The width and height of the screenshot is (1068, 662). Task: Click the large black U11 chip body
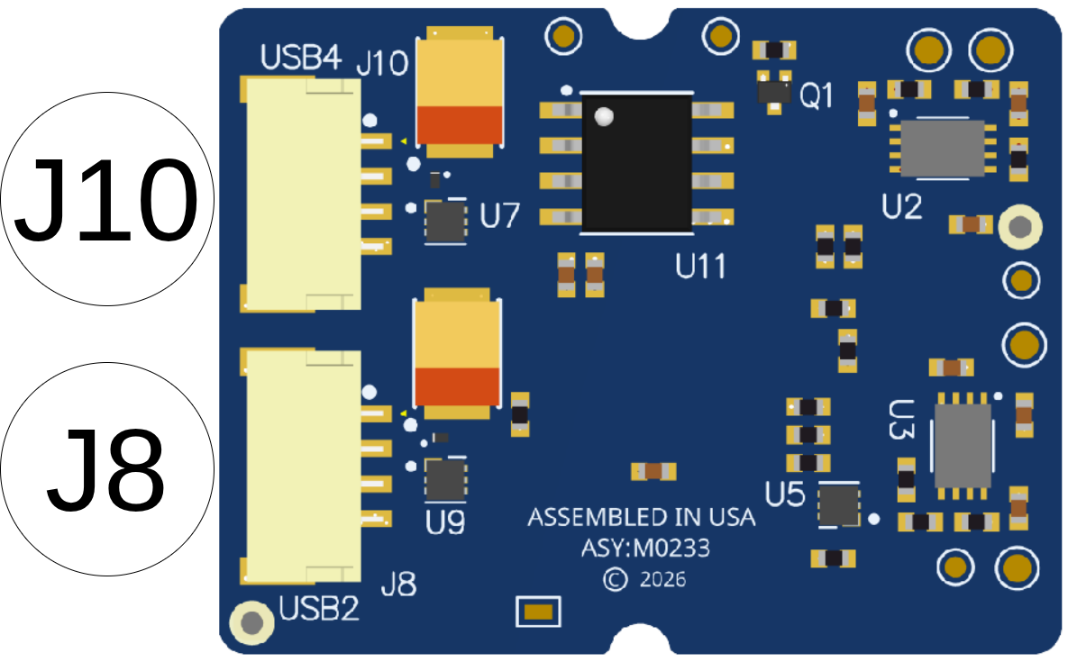tap(637, 163)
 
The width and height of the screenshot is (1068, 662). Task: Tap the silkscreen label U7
tap(500, 215)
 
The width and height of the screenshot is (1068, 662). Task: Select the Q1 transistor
tap(774, 92)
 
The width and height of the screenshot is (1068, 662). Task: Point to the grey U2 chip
tap(942, 149)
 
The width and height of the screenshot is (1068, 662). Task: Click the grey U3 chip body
tap(963, 446)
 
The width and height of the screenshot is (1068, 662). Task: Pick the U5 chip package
tap(838, 505)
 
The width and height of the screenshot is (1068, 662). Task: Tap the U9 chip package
tap(445, 480)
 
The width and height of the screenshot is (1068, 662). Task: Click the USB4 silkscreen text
tap(300, 58)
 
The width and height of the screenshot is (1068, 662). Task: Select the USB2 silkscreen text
tap(319, 608)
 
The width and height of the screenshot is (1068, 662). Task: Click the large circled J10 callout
tap(107, 199)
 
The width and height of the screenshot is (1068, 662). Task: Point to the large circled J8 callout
tap(107, 469)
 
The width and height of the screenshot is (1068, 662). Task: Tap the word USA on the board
tap(732, 518)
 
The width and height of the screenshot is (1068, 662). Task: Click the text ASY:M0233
tap(645, 548)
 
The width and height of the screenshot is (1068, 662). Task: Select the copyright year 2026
tap(662, 580)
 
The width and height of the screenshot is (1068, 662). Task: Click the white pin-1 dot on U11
tap(604, 116)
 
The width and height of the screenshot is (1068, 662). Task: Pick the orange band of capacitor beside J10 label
tap(460, 124)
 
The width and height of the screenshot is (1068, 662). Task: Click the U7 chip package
tap(445, 222)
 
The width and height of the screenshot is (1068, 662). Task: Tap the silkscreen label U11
tap(700, 266)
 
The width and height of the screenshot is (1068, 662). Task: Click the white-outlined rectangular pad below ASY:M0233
tap(538, 612)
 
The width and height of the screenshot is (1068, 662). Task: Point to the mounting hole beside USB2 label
tap(252, 622)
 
